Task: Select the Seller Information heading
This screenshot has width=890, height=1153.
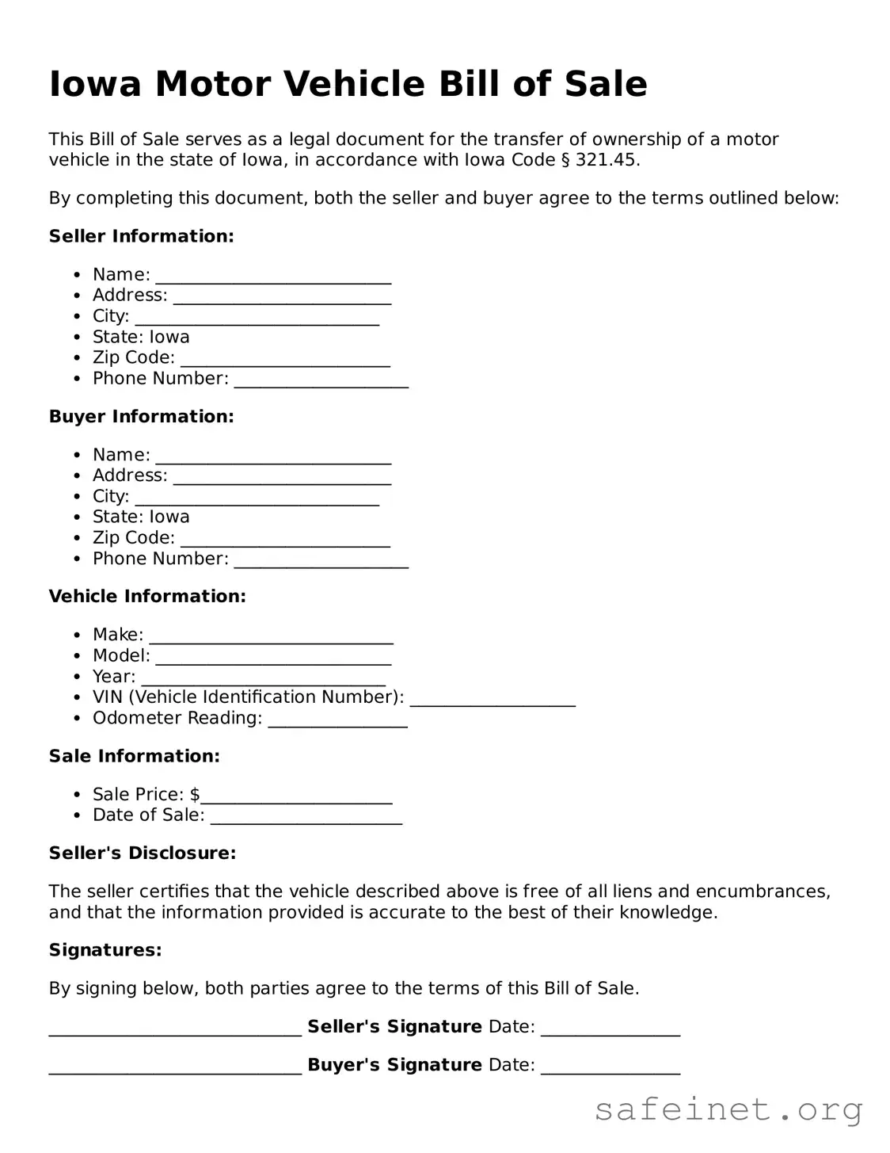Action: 141,236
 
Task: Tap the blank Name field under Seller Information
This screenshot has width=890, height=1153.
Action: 273,277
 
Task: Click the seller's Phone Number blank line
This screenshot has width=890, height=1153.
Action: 321,381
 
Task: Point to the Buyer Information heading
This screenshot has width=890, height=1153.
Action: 141,417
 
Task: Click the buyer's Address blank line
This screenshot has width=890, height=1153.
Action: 282,479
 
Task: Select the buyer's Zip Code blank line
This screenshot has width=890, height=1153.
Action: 285,540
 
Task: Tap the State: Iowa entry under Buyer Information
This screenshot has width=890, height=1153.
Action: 141,517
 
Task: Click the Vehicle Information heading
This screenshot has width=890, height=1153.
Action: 147,597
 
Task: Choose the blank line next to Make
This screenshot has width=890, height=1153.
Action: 271,638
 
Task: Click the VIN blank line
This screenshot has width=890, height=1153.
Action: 492,700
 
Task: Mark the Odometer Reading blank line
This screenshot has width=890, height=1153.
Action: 337,721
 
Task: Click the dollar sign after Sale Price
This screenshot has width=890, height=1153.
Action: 195,794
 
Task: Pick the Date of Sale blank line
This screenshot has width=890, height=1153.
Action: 306,818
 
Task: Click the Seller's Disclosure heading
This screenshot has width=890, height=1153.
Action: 143,853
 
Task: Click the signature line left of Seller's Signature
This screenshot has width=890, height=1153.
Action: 175,1029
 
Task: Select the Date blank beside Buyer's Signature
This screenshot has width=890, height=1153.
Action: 610,1067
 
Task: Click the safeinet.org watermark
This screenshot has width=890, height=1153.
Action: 728,1109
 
